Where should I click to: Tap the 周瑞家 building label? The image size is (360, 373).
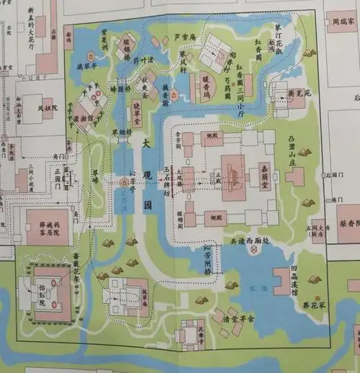click(343, 21)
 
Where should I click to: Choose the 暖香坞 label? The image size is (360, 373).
click(207, 73)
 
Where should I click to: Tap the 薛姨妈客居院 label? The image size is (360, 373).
click(50, 230)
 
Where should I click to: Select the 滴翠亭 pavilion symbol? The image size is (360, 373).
click(92, 55)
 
